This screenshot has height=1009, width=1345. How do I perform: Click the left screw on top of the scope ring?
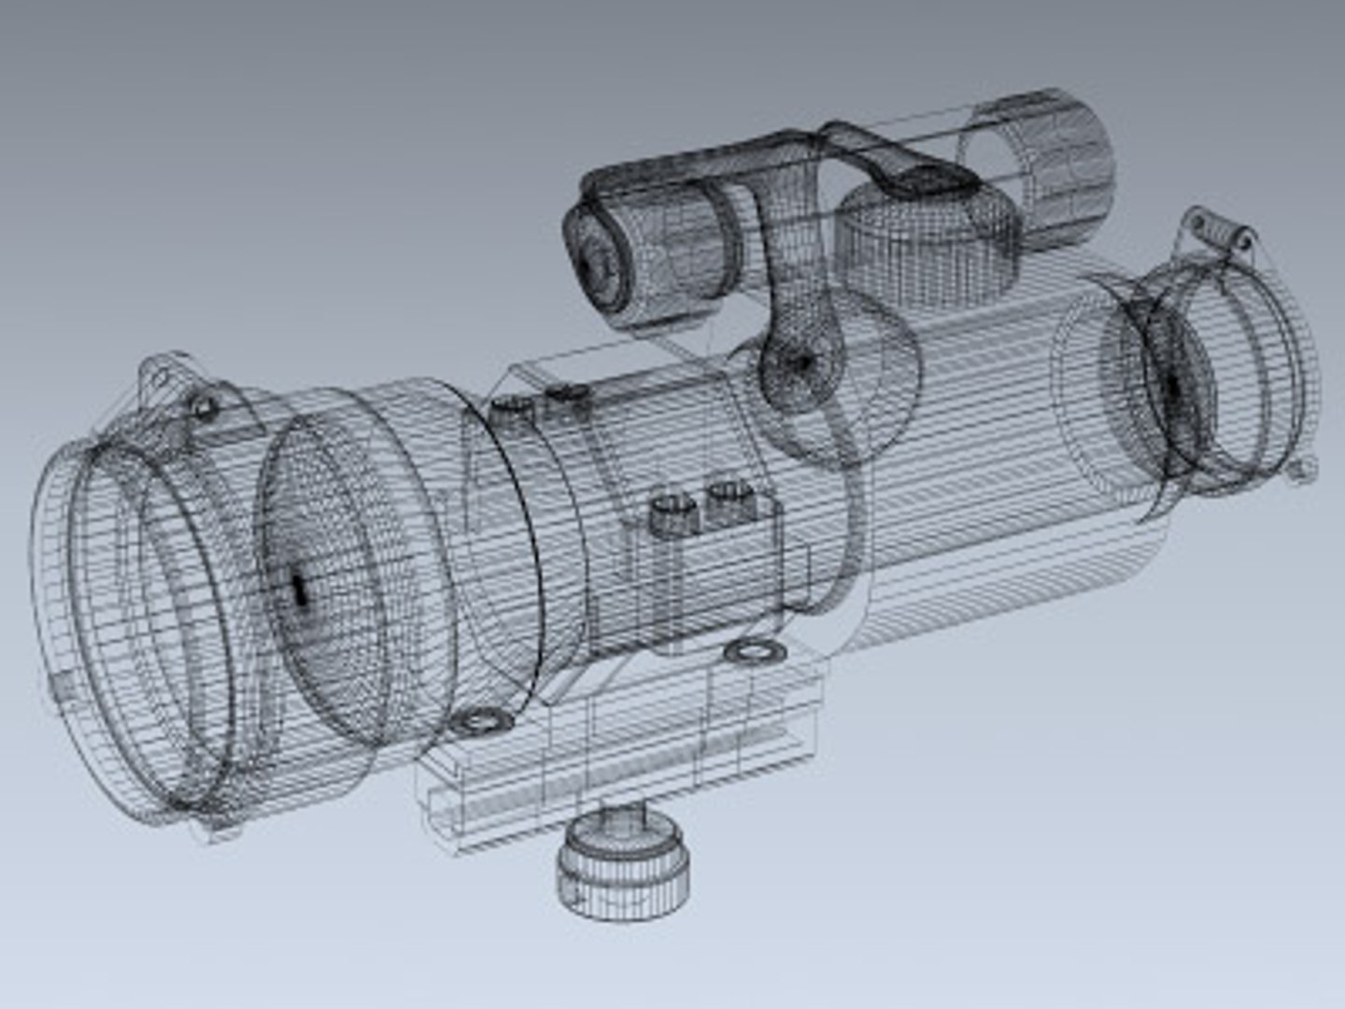click(512, 407)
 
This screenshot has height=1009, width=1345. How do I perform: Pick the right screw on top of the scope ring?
click(566, 397)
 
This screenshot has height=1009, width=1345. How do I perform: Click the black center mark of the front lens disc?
click(299, 589)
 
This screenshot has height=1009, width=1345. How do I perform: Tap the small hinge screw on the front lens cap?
click(203, 407)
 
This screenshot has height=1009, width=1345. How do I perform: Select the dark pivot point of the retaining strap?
click(800, 361)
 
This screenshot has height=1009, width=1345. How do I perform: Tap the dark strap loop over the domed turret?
click(915, 178)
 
